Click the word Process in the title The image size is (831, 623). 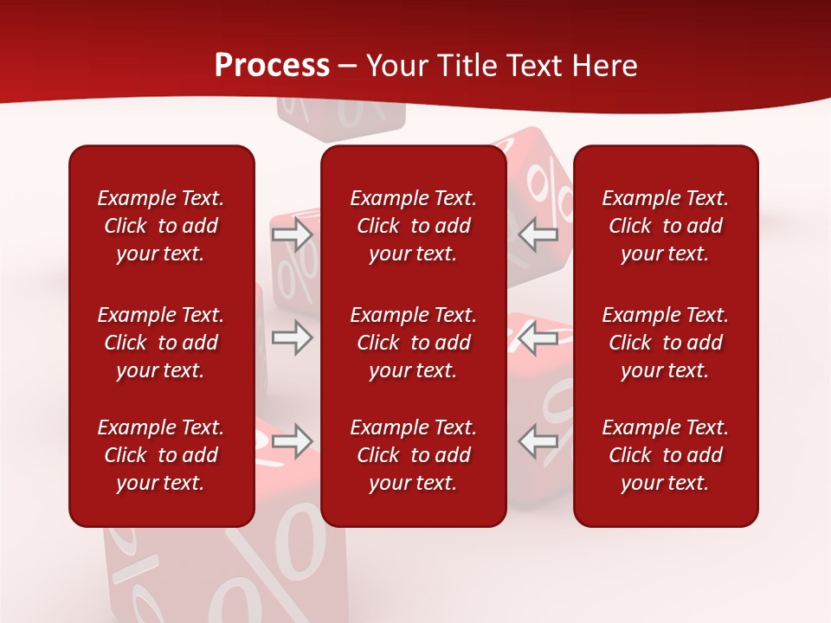[272, 66]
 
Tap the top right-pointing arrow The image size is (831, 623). [292, 234]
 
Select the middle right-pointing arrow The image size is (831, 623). [292, 337]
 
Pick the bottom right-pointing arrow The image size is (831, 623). [292, 441]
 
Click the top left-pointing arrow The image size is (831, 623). [538, 234]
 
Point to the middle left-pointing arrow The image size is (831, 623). [538, 337]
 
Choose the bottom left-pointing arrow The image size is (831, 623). [538, 441]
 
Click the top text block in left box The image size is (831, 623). [161, 226]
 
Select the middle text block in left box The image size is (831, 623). [161, 343]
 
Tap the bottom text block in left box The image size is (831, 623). [161, 455]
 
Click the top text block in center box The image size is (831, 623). [413, 226]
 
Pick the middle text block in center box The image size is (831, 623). [413, 343]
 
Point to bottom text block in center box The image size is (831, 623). [413, 455]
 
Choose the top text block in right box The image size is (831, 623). [665, 226]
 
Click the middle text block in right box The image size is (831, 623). [665, 343]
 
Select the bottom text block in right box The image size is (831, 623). [665, 455]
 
